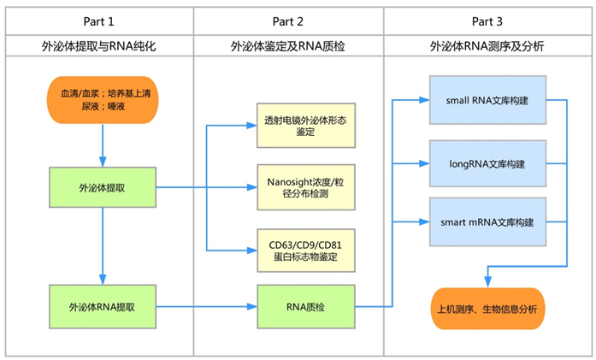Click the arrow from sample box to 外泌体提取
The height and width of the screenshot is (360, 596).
point(103,145)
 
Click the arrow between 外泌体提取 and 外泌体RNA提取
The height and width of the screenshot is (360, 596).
point(103,248)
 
